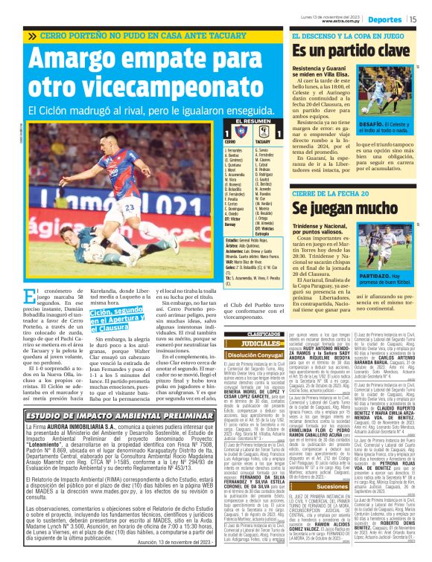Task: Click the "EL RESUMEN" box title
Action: point(249,121)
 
